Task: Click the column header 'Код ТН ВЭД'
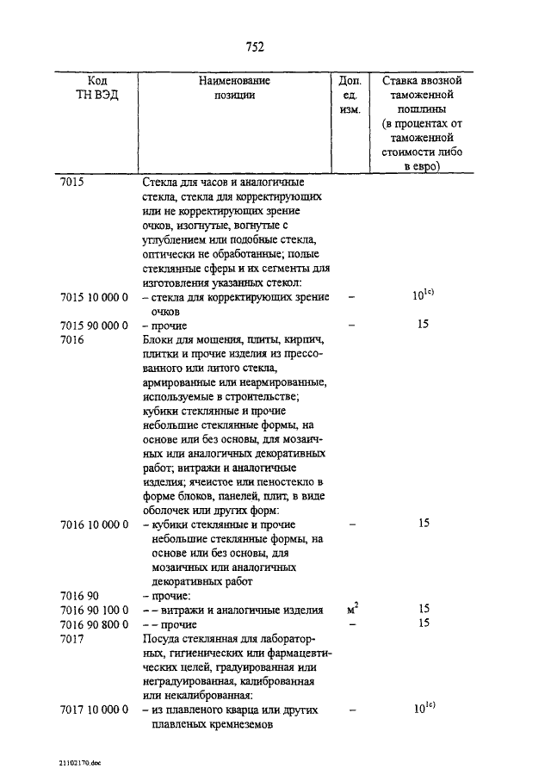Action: (96, 88)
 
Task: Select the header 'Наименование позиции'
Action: (234, 88)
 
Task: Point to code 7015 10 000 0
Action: (95, 297)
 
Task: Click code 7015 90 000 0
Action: (95, 325)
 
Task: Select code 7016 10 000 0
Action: (95, 524)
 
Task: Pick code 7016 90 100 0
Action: (95, 610)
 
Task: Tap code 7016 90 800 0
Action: (95, 623)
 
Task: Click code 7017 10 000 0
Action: (95, 710)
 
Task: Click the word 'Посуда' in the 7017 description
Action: (160, 639)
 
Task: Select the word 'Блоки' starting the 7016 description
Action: (159, 340)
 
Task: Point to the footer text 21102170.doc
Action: (81, 763)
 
